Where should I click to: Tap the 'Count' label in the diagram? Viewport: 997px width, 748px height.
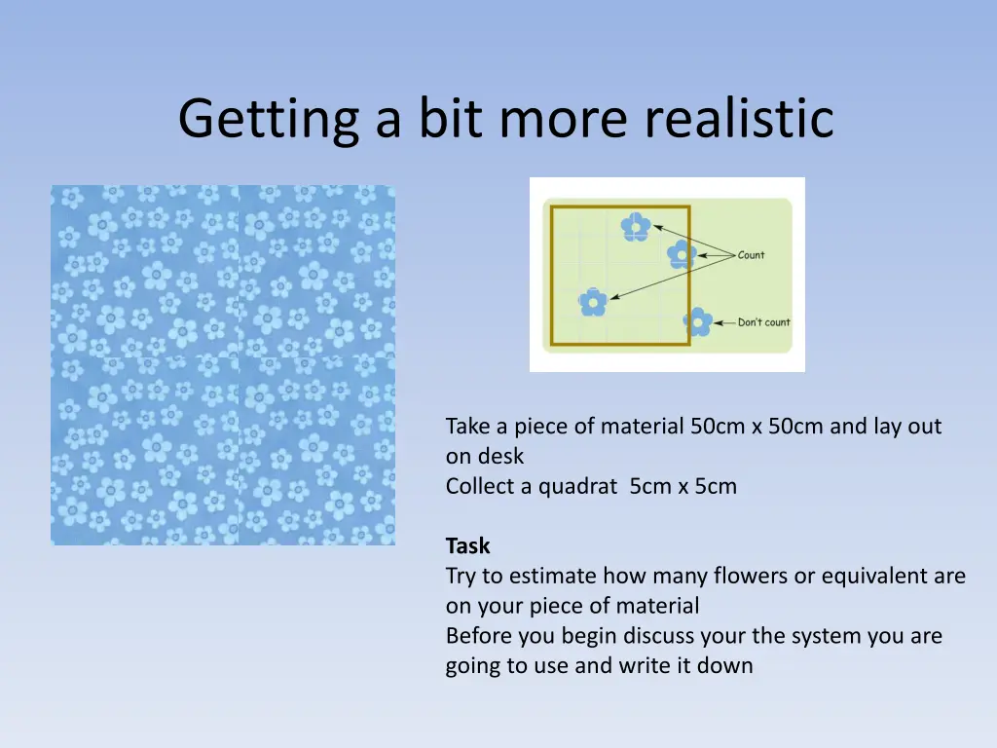pos(751,255)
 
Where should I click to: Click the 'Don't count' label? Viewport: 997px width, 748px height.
pos(763,322)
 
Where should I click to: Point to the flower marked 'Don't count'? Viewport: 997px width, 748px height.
pos(697,322)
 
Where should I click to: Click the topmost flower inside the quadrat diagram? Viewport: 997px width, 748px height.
pos(636,227)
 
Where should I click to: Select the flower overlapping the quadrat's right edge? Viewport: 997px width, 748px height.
pos(682,255)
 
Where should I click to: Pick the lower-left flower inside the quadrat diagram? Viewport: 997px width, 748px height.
pos(593,303)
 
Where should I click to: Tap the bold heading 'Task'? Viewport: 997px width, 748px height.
pos(467,545)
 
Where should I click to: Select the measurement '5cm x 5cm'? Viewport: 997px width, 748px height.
pos(683,486)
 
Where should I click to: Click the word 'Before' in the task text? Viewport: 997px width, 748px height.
pos(475,636)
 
